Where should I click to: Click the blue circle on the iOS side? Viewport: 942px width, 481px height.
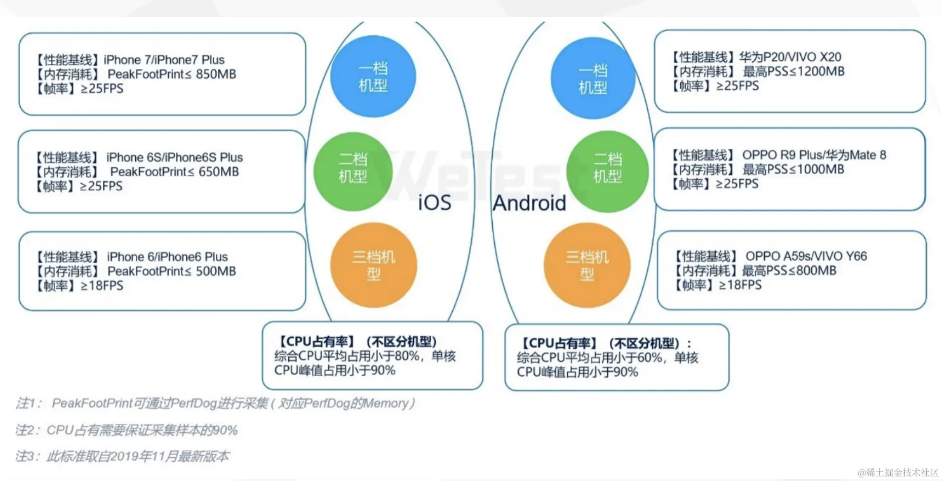coord(373,76)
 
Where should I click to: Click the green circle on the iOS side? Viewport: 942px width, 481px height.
coord(353,172)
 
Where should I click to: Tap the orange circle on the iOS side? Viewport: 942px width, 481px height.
coord(374,265)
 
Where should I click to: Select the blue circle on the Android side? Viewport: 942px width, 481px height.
coord(593,78)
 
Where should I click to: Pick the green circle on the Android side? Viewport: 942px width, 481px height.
coord(607,172)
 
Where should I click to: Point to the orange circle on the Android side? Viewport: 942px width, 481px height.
coord(587,265)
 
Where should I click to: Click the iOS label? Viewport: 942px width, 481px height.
coord(435,203)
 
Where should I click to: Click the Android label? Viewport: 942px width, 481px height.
coord(529,203)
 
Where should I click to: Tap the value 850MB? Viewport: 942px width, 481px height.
coord(216,74)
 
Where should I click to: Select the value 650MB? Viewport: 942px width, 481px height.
coord(218,172)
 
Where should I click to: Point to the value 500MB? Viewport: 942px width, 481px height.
coord(216,271)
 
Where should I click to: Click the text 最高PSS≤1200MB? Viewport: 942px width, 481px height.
coord(793,71)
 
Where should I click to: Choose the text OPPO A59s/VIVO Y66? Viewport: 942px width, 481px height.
coord(806,256)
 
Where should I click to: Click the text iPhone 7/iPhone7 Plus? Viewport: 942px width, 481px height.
coord(164,60)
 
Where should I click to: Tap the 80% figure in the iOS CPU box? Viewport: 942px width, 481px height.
coord(407,356)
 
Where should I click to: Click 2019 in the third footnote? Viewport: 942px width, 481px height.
coord(124,457)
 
